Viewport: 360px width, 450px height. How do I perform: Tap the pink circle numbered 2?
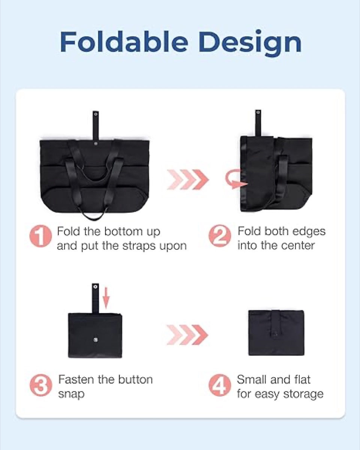[x=220, y=235]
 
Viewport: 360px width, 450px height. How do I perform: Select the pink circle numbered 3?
[x=41, y=385]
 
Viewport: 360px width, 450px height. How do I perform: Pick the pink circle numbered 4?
[x=220, y=385]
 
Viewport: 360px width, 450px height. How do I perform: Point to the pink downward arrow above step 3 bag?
[x=106, y=297]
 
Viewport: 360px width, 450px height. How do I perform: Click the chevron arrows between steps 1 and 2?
[x=188, y=180]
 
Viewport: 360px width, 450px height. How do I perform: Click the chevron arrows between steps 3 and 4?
[x=187, y=335]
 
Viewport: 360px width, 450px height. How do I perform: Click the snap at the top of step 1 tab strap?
[x=96, y=114]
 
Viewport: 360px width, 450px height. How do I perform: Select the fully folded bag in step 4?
[x=276, y=333]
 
